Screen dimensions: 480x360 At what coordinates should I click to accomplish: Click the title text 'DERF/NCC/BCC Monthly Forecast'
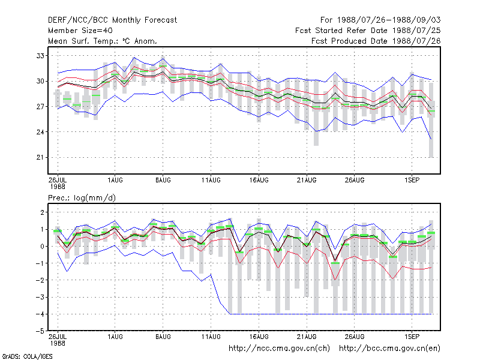pos(112,20)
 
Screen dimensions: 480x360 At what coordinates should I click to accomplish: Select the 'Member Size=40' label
pos(80,31)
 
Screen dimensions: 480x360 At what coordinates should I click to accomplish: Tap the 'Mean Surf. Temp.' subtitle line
pos(103,41)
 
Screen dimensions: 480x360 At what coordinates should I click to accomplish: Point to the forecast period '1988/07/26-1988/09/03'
pos(389,20)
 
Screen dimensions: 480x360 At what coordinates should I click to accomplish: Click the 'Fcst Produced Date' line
pos(376,41)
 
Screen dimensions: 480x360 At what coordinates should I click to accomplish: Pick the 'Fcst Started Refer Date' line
pos(368,31)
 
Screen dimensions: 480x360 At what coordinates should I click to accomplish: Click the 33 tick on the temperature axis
pos(40,56)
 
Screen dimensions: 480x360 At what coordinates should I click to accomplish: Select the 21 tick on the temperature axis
pos(40,157)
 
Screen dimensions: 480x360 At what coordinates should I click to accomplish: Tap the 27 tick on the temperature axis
pos(40,107)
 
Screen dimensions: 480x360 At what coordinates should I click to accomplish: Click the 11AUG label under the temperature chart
pos(211,180)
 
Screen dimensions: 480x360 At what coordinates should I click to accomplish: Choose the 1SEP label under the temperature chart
pos(412,180)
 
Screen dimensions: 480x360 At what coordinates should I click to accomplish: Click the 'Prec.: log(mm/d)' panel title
pos(82,198)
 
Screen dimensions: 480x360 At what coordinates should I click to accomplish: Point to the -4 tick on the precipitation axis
pos(40,314)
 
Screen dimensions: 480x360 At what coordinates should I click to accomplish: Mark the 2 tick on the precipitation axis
pos(42,212)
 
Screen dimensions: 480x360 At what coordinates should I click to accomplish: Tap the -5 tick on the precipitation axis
pos(40,331)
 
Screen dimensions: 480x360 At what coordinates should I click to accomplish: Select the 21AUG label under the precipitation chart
pos(307,337)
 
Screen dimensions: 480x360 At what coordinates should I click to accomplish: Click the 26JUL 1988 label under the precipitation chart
pos(58,340)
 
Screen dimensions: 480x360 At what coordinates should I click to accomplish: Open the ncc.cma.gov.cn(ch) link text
pos(279,349)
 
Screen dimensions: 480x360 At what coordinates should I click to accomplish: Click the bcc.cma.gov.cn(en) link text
pos(389,349)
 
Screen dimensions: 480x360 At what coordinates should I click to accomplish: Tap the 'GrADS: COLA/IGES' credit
pos(27,356)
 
